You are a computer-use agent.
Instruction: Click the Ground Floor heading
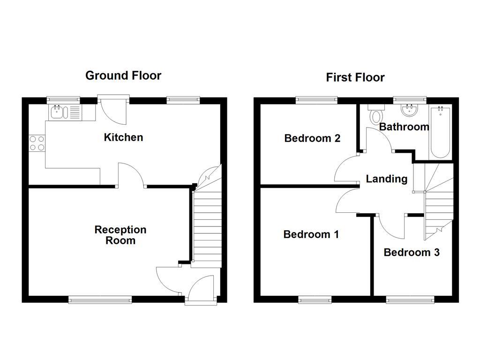123,75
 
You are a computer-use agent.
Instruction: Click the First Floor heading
355,77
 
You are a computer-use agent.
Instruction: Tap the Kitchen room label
123,137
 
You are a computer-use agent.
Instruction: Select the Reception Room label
120,235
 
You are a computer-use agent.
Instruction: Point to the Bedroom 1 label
311,234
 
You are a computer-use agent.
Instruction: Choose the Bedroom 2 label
312,138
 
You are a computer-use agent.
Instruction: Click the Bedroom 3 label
411,252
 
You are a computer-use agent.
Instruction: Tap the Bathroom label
404,127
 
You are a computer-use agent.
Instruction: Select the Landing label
386,179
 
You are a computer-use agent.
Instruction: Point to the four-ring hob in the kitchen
37,143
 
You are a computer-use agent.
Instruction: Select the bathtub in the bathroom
440,132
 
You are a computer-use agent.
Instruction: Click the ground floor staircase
207,225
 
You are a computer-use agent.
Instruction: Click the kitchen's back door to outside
113,109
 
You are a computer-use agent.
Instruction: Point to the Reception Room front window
100,299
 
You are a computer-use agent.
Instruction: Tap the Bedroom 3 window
410,299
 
